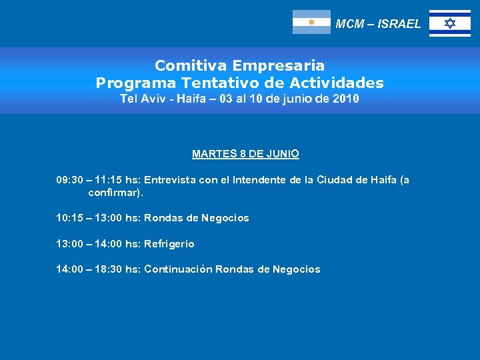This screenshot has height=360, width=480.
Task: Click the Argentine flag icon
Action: click(x=311, y=22)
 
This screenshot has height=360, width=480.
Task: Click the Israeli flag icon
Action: click(x=449, y=23)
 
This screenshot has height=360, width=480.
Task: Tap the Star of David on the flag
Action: click(x=450, y=23)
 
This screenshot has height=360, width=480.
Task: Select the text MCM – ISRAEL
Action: click(x=378, y=24)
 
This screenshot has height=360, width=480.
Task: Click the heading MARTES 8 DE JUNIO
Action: click(x=245, y=154)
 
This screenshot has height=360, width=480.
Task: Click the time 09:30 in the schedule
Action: click(x=70, y=179)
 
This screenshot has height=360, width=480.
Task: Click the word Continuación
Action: click(x=178, y=269)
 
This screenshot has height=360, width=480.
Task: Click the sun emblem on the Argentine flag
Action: click(x=311, y=22)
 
